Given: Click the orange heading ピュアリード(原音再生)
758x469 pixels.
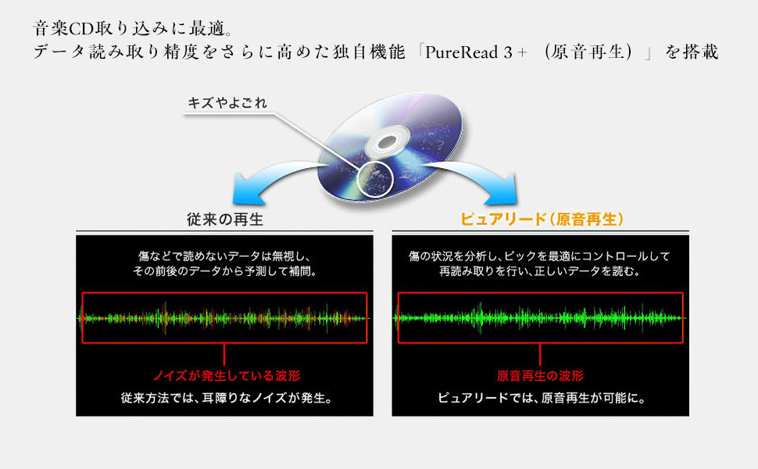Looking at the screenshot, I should tap(542, 220).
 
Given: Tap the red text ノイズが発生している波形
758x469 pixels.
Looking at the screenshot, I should tap(224, 376).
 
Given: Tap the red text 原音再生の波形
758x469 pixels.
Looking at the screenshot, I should tap(541, 376).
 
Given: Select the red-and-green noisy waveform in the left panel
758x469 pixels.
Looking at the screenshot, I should tap(224, 318).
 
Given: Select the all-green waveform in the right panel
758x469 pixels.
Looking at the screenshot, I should tap(541, 318).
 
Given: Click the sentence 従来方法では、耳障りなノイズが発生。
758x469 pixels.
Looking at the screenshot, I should tap(224, 399).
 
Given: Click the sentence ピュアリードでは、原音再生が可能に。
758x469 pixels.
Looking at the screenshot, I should tap(541, 399).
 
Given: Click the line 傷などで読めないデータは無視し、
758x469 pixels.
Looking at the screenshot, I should tap(224, 256).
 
